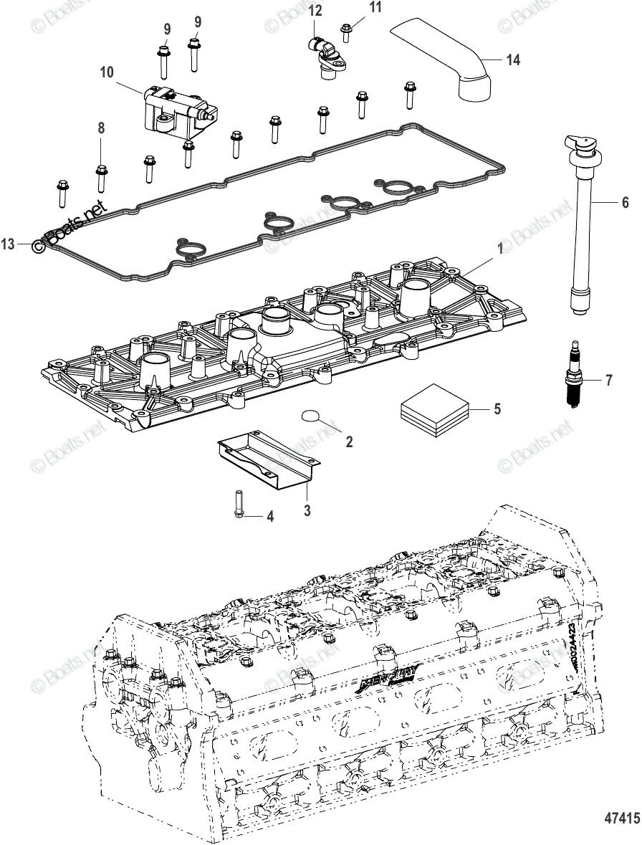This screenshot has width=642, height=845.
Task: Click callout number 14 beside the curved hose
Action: point(512,60)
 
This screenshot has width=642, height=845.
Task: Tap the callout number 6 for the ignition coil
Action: point(625,203)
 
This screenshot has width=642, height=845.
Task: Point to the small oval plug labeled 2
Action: point(310,416)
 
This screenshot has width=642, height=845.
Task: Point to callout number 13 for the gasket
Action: point(8,244)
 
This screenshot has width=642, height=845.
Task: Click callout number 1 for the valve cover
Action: point(500,249)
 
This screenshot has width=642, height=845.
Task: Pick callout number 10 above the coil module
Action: point(107,72)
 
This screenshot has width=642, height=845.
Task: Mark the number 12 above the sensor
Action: point(315,10)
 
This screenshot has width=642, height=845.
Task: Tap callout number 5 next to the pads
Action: point(497,409)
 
